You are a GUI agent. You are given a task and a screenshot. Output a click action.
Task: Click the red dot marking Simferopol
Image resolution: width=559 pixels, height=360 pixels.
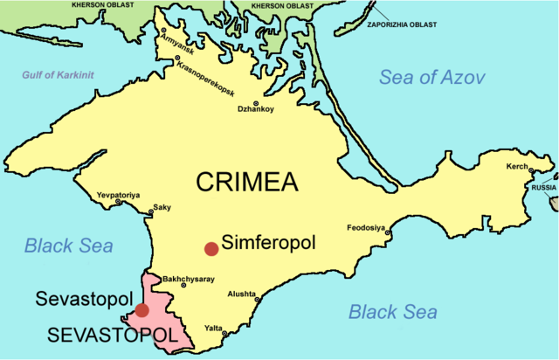click(210, 249)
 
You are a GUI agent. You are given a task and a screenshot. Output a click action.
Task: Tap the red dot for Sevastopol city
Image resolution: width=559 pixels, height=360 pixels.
click(142, 310)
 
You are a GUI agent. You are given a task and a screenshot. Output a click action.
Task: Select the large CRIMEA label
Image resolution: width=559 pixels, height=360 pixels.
click(247, 182)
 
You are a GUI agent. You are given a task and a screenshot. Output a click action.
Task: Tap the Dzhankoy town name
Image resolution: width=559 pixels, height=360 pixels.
click(256, 109)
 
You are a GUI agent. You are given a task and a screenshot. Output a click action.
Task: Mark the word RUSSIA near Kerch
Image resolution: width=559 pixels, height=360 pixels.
click(544, 187)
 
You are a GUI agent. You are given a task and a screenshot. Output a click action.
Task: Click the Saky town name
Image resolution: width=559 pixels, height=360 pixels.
click(162, 207)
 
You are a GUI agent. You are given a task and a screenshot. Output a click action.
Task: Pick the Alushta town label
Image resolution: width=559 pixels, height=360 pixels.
click(242, 294)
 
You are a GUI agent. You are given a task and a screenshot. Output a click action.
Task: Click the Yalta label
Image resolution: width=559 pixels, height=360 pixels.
click(214, 328)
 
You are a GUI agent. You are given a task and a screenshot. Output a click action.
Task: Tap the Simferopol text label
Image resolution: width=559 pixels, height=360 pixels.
click(268, 241)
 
